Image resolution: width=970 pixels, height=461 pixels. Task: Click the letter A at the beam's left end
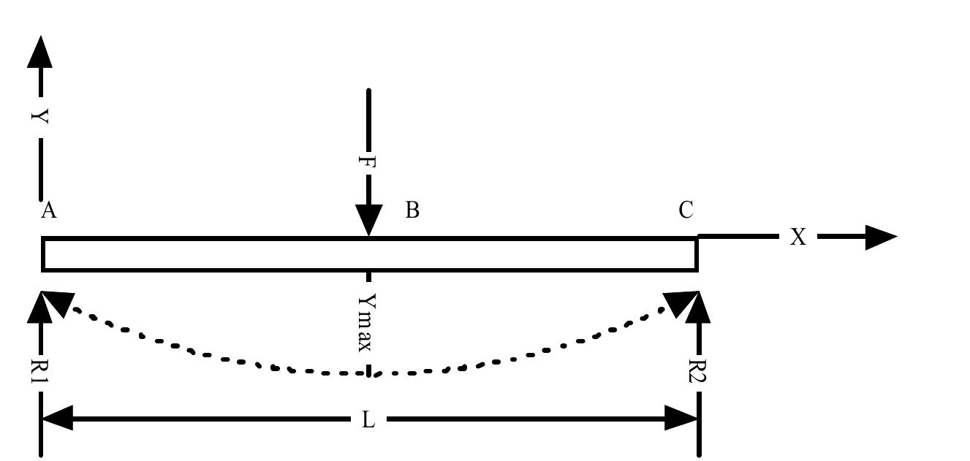click(x=49, y=211)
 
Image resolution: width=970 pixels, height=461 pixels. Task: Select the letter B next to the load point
click(x=412, y=210)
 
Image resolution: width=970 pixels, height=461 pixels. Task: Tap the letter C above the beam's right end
click(x=686, y=210)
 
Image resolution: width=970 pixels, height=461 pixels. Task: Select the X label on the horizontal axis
click(x=798, y=237)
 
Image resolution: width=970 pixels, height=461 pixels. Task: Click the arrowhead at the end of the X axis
click(x=880, y=237)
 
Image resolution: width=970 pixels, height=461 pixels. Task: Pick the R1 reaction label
click(x=40, y=372)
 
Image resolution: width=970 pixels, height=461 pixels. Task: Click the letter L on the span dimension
click(x=368, y=420)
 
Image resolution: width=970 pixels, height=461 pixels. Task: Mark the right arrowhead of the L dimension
click(x=683, y=419)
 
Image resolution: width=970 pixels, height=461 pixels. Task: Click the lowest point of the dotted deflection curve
click(x=369, y=374)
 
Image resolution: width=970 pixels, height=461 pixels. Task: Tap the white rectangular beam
click(x=219, y=254)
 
